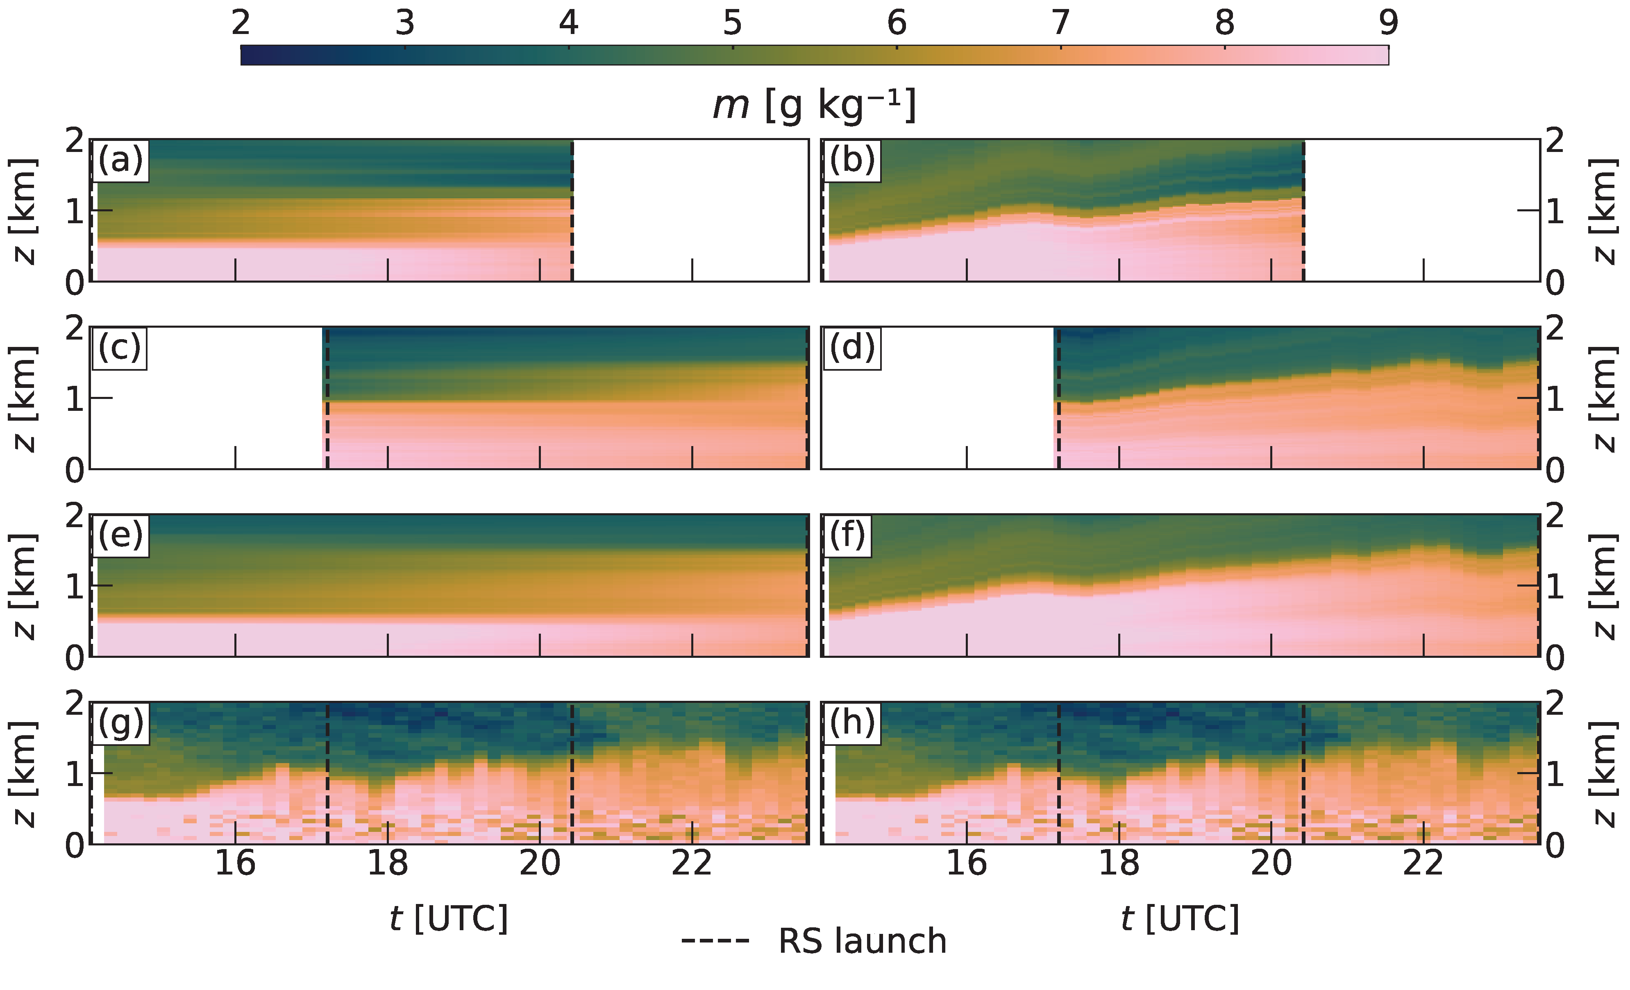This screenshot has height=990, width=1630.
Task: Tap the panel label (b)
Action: coord(852,160)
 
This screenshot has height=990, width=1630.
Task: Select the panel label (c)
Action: coord(120,347)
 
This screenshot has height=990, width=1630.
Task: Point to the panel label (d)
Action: coord(852,347)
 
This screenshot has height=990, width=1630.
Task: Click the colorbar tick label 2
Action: coord(241,23)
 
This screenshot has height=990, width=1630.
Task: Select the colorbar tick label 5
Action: coord(732,23)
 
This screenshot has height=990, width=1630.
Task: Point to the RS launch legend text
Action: coord(862,941)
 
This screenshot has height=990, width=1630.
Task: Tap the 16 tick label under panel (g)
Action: coord(236,863)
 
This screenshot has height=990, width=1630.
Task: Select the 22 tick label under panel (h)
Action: coord(1423,863)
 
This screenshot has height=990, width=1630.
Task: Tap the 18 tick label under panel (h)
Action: coord(1119,863)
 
